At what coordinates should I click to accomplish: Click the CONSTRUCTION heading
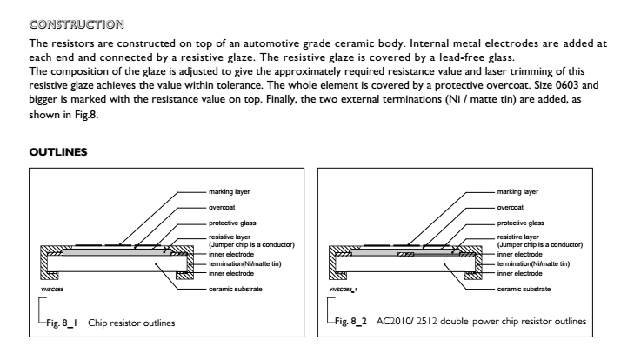tap(77, 24)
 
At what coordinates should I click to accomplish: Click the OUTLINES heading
tap(58, 152)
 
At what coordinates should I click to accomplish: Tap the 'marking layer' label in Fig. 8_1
tap(230, 191)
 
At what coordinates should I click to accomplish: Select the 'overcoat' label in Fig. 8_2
tap(511, 208)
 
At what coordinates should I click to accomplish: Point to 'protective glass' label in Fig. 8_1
tap(232, 223)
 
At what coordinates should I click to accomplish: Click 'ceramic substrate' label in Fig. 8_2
tap(524, 289)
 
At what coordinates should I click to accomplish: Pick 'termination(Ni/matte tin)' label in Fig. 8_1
tap(245, 263)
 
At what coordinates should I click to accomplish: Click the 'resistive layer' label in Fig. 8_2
tap(518, 237)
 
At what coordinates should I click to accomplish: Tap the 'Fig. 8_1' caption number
tap(62, 323)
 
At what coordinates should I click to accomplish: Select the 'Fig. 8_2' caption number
tap(350, 322)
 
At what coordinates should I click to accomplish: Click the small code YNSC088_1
tap(343, 290)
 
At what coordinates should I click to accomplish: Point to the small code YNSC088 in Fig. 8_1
tap(52, 290)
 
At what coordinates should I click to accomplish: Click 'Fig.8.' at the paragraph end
tap(86, 115)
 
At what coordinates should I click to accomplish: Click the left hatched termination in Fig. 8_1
tap(43, 263)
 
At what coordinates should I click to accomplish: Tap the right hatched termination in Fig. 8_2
tap(478, 263)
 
